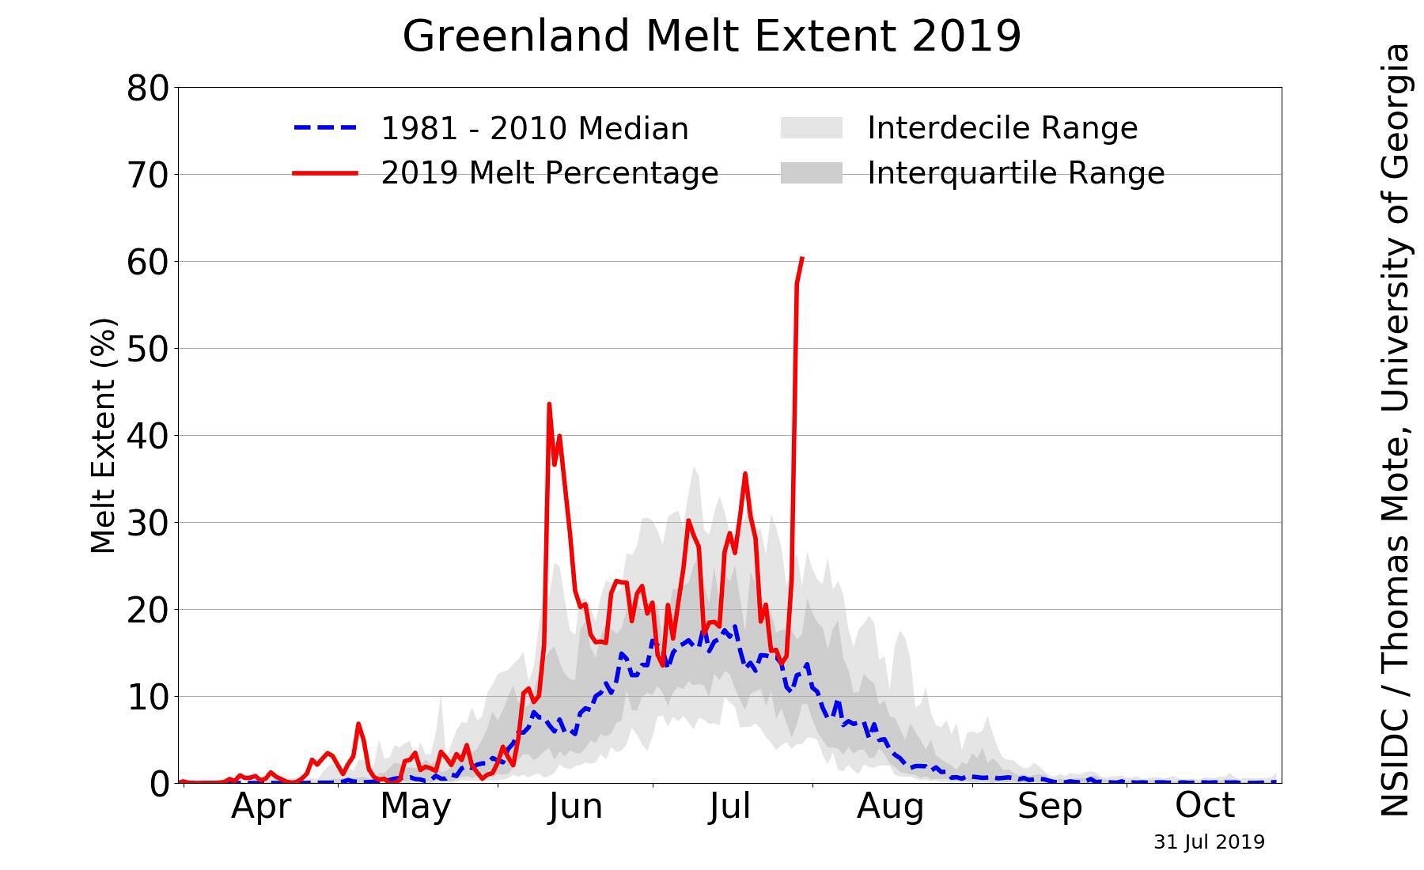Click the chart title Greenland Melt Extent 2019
coord(712,36)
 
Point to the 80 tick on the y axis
coord(148,88)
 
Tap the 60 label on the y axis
coord(148,262)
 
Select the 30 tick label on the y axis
coord(148,523)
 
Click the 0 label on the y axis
coord(159,784)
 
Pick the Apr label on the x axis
coord(261,806)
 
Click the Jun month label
coord(575,806)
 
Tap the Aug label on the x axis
coord(891,806)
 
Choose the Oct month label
coord(1205,805)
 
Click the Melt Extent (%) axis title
coord(104,435)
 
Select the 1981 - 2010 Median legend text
coord(535,128)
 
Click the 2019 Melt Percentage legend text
coord(550,172)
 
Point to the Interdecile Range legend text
coord(1002,127)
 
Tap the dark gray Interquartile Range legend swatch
coord(812,172)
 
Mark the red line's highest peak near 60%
coord(801,258)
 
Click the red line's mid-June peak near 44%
coord(549,404)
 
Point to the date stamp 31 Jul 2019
coord(1209,842)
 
